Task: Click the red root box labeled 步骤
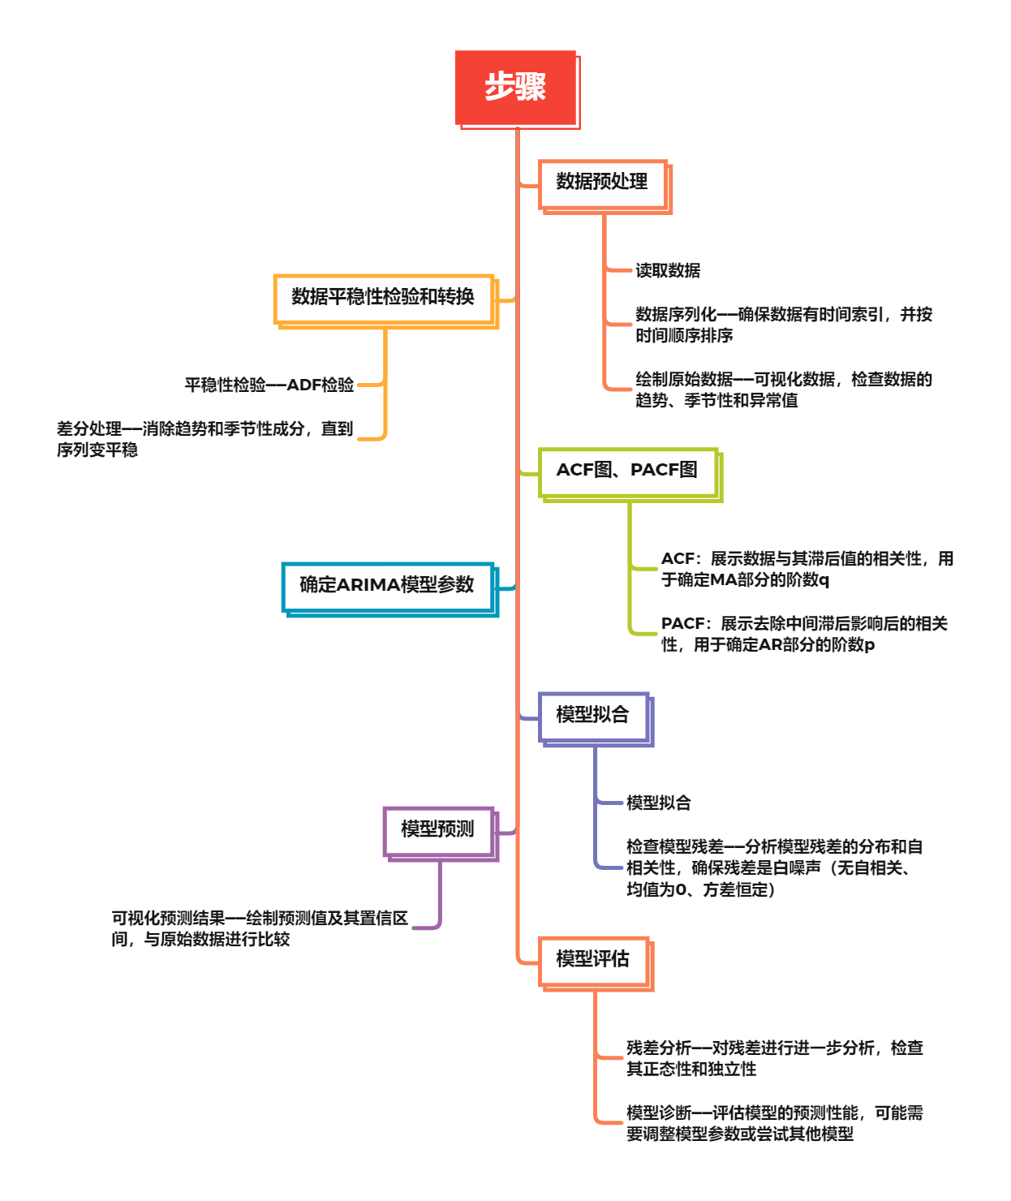(516, 87)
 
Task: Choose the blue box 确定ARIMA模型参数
(387, 585)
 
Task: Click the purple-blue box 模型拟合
(593, 715)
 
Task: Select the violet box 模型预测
(438, 829)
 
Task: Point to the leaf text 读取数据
(668, 271)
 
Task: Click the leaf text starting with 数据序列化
(784, 325)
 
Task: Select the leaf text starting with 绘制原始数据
(784, 390)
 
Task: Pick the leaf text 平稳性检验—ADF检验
(269, 385)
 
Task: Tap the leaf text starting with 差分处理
(204, 438)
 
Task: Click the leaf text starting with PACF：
(803, 634)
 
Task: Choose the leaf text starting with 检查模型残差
(774, 867)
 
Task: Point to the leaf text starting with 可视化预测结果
(260, 928)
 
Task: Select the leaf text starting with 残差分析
(774, 1058)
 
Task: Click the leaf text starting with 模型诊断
(774, 1123)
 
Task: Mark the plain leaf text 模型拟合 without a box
(659, 803)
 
